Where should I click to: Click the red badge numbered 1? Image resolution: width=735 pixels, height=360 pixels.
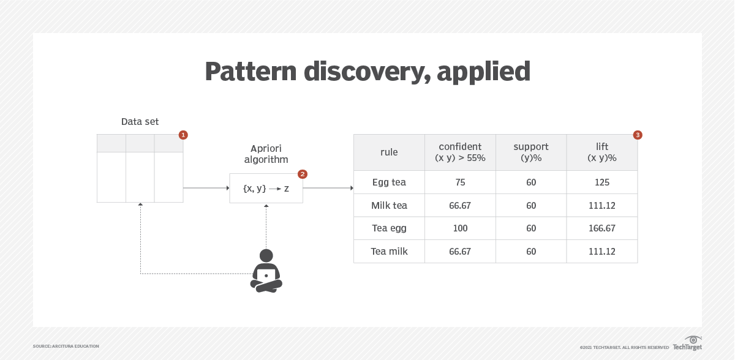pos(183,135)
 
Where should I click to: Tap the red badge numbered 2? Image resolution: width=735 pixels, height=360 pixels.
pos(302,174)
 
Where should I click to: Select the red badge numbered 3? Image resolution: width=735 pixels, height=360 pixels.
pos(637,135)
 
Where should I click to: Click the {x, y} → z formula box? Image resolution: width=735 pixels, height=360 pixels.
pos(266,188)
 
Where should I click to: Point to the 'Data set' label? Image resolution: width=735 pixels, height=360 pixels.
pos(140,122)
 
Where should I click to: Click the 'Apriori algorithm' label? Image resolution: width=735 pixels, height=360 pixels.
pos(266,154)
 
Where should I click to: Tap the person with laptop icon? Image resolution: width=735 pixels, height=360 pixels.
pos(266,271)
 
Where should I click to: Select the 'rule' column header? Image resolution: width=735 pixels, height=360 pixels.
pos(389,152)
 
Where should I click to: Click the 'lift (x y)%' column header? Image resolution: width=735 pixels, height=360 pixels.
pos(601,152)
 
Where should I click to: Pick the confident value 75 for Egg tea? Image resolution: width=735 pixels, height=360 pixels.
pos(460,182)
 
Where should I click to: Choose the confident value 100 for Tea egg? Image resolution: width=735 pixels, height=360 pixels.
pos(460,228)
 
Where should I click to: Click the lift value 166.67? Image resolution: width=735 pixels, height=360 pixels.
pos(601,228)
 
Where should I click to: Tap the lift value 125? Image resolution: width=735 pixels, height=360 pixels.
pos(601,182)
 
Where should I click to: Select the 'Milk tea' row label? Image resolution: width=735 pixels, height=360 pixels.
pos(389,205)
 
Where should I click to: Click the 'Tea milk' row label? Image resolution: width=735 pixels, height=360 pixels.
pos(389,251)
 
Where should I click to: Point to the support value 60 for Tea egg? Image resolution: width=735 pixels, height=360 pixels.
pos(531,228)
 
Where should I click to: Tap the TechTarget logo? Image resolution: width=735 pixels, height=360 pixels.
pos(687,343)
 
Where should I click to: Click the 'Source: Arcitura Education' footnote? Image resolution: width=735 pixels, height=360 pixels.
pos(66,347)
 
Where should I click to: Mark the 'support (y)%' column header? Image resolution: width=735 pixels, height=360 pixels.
pos(531,152)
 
